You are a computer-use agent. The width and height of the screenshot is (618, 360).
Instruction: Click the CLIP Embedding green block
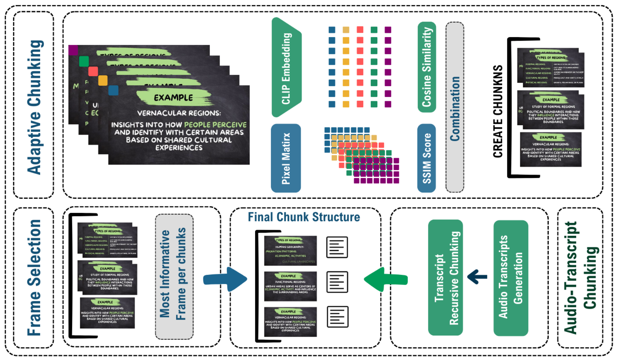click(286, 67)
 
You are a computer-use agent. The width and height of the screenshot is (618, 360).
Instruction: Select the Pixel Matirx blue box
click(286, 158)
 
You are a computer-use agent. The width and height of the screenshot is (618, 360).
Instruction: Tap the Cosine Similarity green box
click(426, 67)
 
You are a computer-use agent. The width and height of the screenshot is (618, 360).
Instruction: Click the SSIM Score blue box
click(426, 158)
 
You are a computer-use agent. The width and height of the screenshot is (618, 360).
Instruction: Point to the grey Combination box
click(455, 108)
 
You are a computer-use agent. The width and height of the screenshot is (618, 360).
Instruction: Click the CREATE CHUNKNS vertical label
click(497, 111)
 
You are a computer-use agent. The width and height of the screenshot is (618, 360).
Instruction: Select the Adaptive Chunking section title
click(35, 107)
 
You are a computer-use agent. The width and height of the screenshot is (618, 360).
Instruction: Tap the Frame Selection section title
click(34, 278)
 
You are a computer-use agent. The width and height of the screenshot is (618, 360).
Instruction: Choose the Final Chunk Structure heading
click(304, 217)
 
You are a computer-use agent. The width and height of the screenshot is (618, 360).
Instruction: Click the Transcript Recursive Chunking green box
click(445, 278)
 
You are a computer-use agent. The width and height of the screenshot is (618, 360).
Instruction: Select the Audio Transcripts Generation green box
click(510, 278)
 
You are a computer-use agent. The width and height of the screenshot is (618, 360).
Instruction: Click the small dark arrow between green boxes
click(477, 277)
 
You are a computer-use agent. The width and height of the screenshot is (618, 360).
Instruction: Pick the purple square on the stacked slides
click(73, 50)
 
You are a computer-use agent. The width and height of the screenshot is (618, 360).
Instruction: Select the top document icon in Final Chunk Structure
click(337, 247)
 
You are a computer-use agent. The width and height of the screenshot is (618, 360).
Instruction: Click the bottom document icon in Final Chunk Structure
click(337, 317)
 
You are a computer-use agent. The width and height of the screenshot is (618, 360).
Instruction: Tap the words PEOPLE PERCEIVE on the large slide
click(215, 125)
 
